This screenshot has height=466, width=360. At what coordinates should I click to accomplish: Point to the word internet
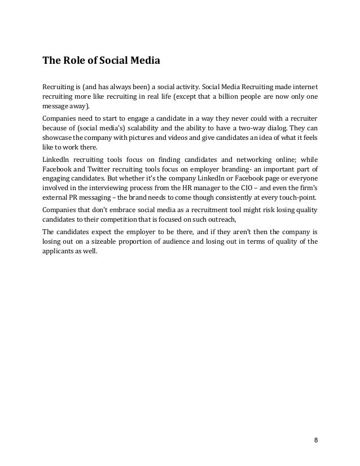tap(304, 86)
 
